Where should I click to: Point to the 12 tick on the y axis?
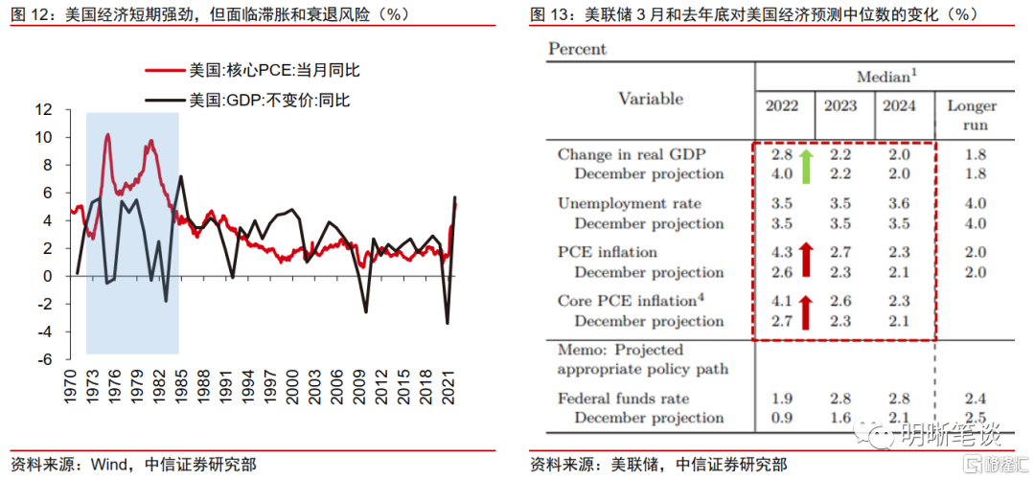coord(44,110)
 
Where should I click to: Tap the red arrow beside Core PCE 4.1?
coord(805,309)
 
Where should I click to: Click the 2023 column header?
coord(843,105)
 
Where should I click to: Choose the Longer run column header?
coord(972,115)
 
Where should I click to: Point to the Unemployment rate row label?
coord(630,203)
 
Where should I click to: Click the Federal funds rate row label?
coord(624,399)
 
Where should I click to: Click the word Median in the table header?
coord(881,76)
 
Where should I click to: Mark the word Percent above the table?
coord(578,49)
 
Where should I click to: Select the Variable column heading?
coord(651,99)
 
